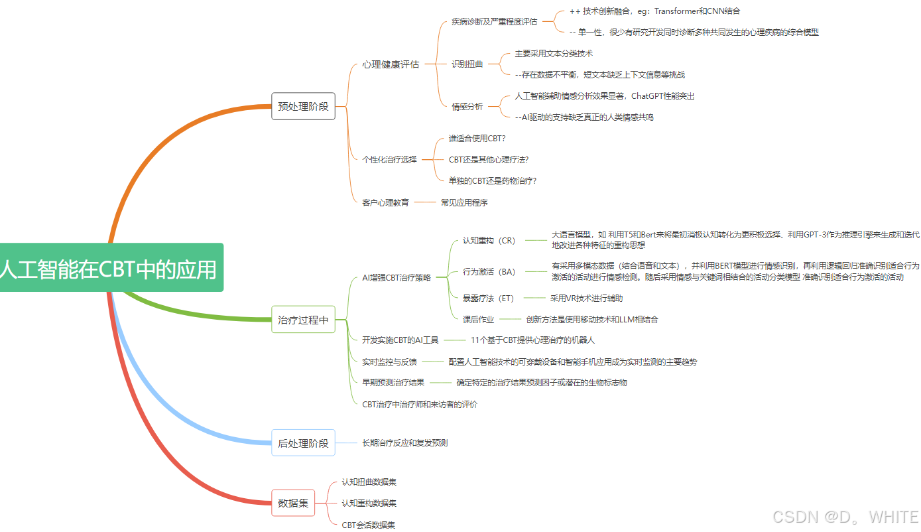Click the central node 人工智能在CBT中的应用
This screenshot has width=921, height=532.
[109, 268]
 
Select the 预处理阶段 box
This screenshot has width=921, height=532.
[303, 106]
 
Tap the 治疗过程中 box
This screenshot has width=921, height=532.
[303, 320]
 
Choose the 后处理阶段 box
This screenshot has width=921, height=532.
[303, 443]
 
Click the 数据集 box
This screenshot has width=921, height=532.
[293, 503]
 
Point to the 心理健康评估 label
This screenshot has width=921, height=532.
[391, 64]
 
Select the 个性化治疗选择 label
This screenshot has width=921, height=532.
[389, 159]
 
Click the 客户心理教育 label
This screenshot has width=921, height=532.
[385, 202]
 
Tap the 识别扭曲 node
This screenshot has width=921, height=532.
[467, 64]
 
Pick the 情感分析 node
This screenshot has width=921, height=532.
[467, 107]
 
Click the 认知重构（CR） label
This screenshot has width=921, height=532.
[489, 241]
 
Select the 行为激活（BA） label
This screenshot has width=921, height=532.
[489, 272]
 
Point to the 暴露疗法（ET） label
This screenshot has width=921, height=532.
[488, 299]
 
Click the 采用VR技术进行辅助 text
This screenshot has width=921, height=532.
[586, 299]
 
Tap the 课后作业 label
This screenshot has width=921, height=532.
[478, 320]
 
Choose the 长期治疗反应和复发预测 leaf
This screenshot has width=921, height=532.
[404, 442]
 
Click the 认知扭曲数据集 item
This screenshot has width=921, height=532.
[369, 482]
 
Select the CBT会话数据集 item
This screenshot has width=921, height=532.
[368, 525]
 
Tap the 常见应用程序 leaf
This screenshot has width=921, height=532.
[464, 202]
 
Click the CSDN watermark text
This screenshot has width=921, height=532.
[845, 517]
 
